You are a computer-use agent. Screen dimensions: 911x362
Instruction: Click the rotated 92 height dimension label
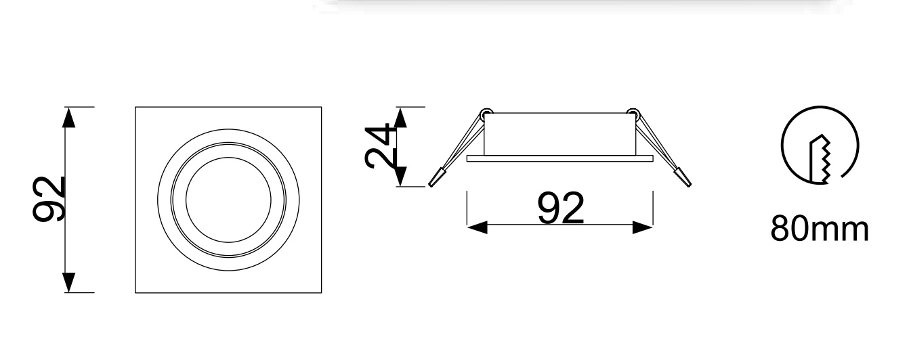[x=48, y=199]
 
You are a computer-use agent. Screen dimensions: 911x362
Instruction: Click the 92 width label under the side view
[x=560, y=208]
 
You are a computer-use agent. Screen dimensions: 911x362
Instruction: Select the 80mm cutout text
[x=820, y=229]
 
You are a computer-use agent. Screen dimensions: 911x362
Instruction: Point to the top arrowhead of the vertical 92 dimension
[x=69, y=118]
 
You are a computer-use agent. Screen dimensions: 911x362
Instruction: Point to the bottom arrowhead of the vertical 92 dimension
[x=69, y=282]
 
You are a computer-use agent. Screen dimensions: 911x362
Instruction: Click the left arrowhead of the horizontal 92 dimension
[x=478, y=227]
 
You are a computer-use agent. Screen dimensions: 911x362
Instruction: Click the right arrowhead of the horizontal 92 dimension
[x=643, y=227]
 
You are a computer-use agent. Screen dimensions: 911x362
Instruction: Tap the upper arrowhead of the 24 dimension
[x=400, y=118]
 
